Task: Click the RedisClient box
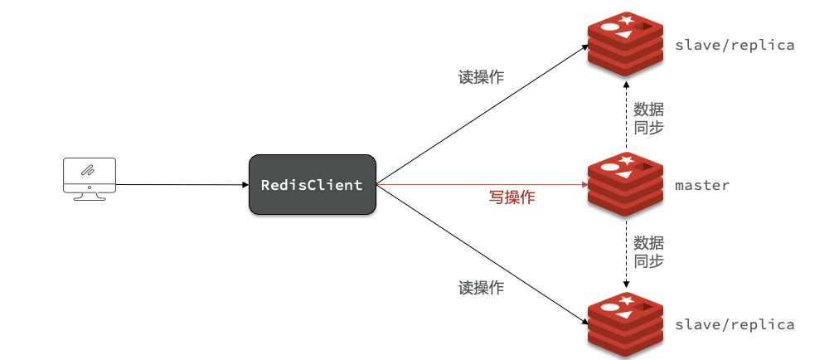click(313, 185)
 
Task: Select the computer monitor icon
click(90, 179)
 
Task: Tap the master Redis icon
click(625, 184)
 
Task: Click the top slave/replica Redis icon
click(625, 44)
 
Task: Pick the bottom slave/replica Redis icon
click(625, 324)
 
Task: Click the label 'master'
click(702, 185)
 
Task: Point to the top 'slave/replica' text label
click(735, 45)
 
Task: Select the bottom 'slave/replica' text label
click(735, 324)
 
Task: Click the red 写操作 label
click(512, 197)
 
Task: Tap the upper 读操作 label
click(481, 77)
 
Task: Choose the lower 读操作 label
click(481, 288)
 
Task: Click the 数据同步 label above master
click(648, 119)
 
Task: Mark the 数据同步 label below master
click(648, 252)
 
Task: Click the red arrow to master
click(483, 185)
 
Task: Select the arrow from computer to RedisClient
click(182, 185)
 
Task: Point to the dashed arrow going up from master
click(625, 114)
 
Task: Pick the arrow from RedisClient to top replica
click(483, 114)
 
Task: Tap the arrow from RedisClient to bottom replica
click(483, 255)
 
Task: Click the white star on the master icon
click(626, 159)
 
